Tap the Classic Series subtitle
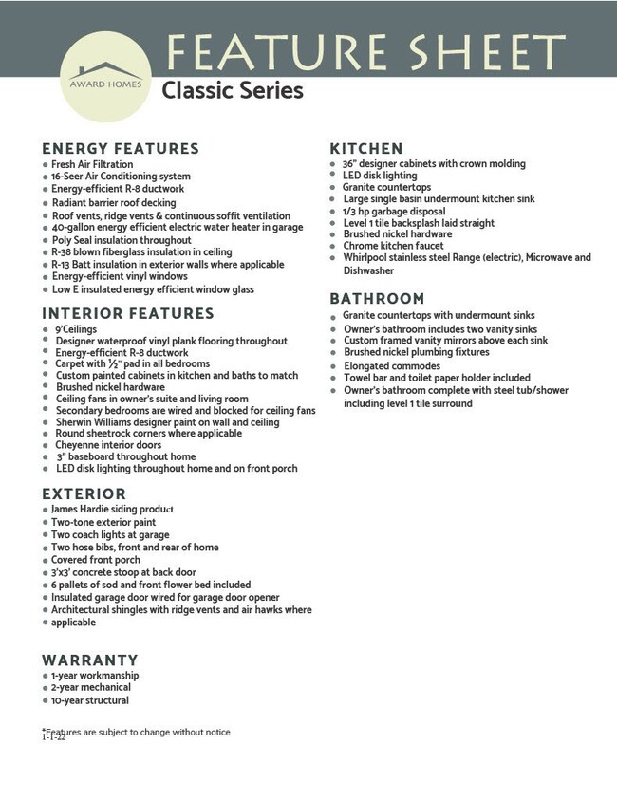(232, 91)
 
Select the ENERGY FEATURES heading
(121, 149)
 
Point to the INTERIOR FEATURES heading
(128, 314)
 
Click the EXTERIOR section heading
(84, 494)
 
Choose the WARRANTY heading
(90, 660)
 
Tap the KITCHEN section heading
(366, 149)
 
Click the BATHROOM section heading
(378, 299)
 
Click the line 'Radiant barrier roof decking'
(113, 202)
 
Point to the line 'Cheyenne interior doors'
(108, 444)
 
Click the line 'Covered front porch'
(95, 560)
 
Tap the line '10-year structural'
(90, 700)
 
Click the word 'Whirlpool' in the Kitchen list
(367, 257)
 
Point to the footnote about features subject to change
(139, 732)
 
